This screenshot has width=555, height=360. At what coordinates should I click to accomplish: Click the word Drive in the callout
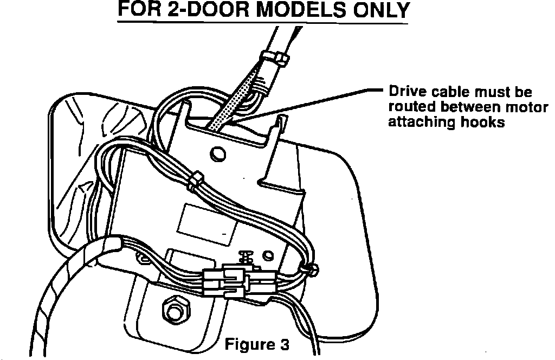click(x=402, y=93)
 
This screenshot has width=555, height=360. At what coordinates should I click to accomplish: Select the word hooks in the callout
click(x=482, y=122)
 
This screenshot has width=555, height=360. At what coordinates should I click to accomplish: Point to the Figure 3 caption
click(x=257, y=345)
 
